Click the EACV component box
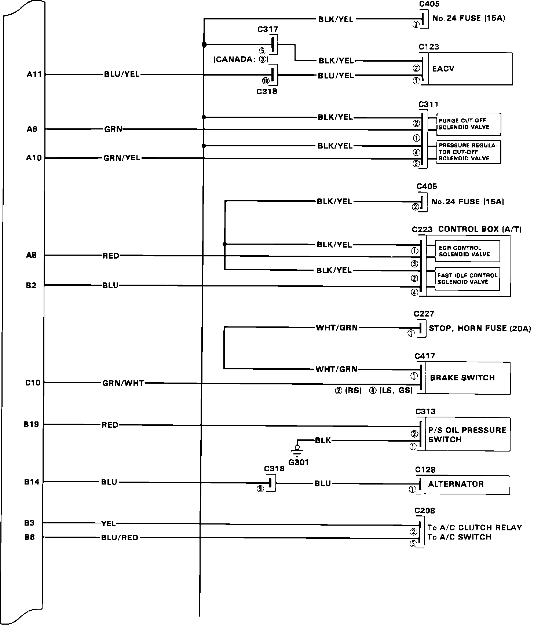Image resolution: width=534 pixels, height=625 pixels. [x=469, y=69]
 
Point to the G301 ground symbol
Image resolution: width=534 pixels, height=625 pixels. [x=297, y=450]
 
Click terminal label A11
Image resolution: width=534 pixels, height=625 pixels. [x=36, y=74]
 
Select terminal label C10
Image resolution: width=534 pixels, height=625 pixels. [x=33, y=383]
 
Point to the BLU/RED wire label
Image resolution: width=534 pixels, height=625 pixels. [x=120, y=538]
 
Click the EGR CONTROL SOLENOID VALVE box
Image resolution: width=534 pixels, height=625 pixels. [x=467, y=251]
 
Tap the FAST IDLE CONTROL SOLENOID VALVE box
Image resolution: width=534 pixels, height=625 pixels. [x=467, y=279]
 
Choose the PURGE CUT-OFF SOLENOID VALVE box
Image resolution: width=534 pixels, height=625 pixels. [x=468, y=124]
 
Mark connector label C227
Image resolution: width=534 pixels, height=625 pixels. [x=424, y=314]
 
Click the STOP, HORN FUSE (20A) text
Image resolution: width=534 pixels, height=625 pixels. [x=479, y=328]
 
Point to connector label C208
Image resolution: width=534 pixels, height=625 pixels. [x=425, y=511]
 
